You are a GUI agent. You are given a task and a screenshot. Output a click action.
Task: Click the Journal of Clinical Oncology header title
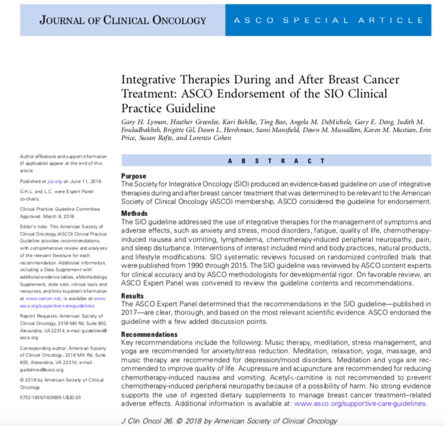coord(123,21)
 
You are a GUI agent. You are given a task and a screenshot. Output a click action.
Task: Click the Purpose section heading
coord(134,176)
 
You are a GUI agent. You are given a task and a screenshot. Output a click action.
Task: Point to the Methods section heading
coord(136,213)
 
